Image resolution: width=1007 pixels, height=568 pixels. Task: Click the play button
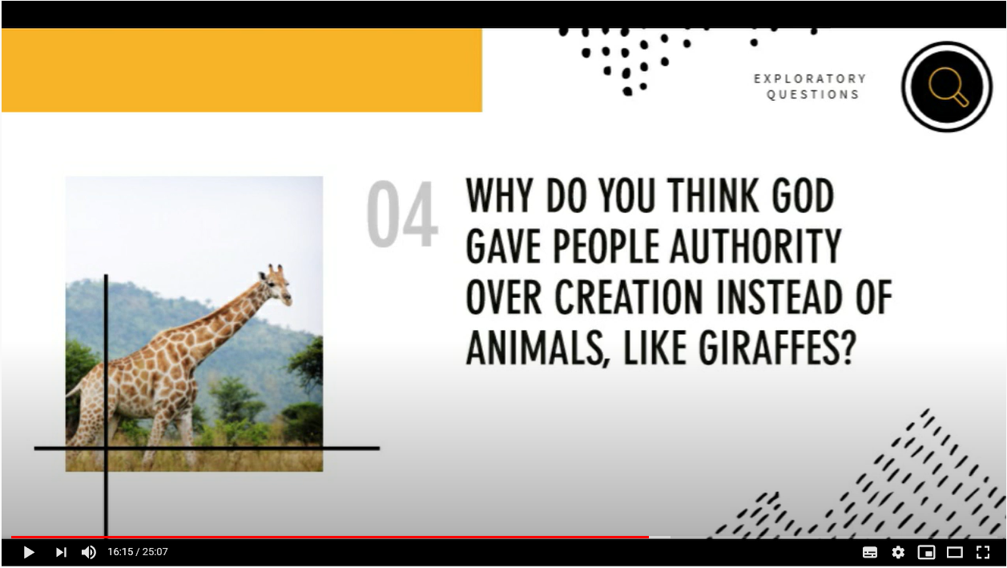click(29, 552)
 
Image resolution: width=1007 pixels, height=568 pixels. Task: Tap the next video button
click(61, 552)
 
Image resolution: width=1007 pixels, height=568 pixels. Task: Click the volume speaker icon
click(89, 552)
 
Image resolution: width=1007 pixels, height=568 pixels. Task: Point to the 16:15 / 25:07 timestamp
click(138, 552)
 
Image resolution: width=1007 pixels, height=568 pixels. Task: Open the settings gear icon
click(898, 552)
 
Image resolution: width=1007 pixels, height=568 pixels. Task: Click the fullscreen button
click(983, 552)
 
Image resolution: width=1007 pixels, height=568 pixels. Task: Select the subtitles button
click(870, 552)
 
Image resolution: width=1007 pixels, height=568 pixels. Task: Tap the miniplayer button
click(926, 552)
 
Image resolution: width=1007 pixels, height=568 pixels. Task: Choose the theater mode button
click(954, 552)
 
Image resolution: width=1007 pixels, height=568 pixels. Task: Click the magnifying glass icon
click(948, 86)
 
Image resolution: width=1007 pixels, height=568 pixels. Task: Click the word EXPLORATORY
click(810, 79)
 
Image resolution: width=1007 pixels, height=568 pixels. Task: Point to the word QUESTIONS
click(813, 95)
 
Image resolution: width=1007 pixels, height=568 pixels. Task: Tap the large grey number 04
click(402, 214)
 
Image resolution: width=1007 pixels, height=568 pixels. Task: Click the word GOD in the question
click(803, 195)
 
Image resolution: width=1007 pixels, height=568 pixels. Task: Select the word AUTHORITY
click(755, 246)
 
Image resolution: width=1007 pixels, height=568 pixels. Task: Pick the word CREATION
click(629, 297)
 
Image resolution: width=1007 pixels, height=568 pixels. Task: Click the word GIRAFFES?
click(777, 348)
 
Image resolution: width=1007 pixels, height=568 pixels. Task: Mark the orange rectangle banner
click(242, 70)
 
